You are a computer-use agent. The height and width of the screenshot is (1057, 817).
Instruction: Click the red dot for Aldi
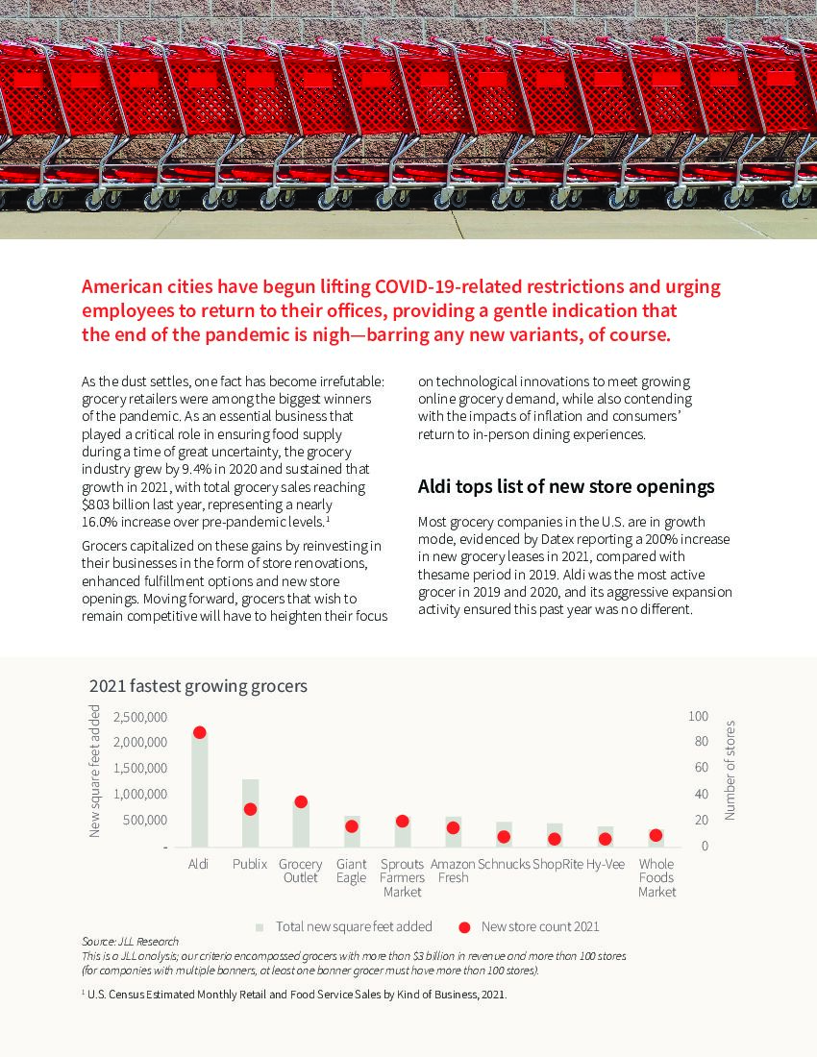(199, 732)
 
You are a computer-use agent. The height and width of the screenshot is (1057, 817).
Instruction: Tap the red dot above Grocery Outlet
(301, 801)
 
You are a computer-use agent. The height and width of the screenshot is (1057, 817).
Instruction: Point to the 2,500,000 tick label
(140, 717)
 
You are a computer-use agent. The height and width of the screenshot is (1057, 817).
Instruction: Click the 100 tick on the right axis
(699, 716)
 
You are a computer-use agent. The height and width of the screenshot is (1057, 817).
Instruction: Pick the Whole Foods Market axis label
(656, 877)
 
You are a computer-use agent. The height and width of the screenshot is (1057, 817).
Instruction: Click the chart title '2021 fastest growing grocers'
(198, 686)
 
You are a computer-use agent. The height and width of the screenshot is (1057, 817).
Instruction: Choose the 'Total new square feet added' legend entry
(353, 926)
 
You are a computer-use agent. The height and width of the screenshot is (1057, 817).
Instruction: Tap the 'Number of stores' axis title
(730, 770)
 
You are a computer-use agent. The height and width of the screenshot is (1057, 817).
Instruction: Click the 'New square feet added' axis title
(95, 770)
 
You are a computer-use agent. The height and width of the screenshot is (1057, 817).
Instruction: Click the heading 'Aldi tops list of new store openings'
(565, 487)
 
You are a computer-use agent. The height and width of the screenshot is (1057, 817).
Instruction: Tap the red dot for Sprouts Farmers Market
(402, 822)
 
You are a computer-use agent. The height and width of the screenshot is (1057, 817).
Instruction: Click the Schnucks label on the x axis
(504, 864)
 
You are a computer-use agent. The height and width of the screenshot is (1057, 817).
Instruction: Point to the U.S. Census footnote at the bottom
(294, 995)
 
